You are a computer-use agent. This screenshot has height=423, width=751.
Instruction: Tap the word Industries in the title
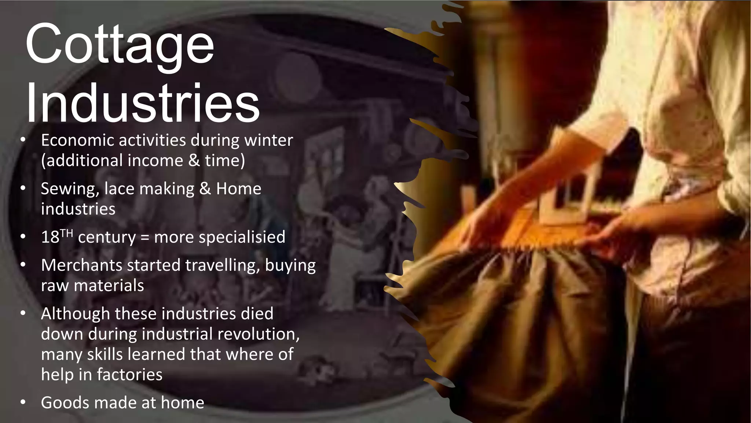pyautogui.click(x=143, y=104)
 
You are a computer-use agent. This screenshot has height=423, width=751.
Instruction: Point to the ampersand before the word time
pyautogui.click(x=194, y=160)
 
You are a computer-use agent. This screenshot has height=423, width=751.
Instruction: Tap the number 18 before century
pyautogui.click(x=50, y=237)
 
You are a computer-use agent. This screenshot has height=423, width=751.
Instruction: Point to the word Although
pyautogui.click(x=76, y=314)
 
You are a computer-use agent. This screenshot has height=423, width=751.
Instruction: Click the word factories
pyautogui.click(x=129, y=375)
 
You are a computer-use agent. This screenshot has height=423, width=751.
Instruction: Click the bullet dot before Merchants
pyautogui.click(x=23, y=265)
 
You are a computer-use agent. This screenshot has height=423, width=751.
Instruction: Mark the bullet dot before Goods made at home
pyautogui.click(x=23, y=402)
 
